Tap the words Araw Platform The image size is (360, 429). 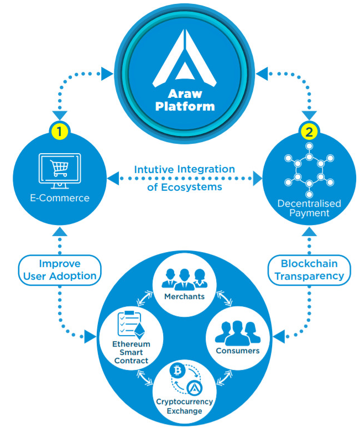point(184,100)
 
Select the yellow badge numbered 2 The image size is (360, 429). point(307,131)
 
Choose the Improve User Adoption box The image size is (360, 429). point(59,270)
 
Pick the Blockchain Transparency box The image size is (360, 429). point(309,270)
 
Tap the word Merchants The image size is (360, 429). point(184,297)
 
